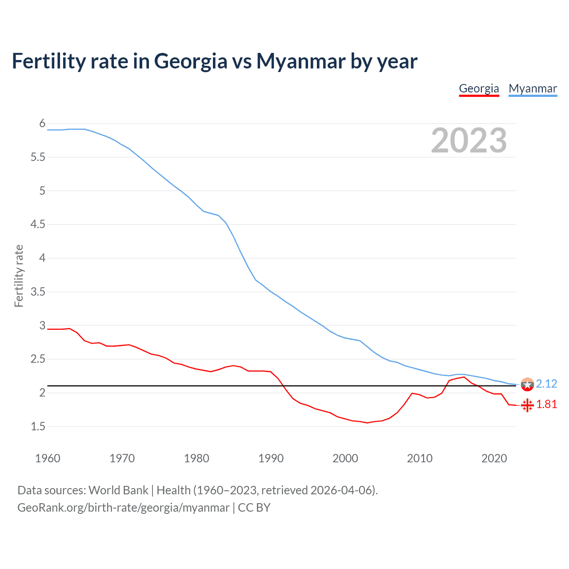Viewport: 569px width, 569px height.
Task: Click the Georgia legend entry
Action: (x=479, y=88)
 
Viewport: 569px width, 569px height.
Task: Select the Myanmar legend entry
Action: (x=533, y=88)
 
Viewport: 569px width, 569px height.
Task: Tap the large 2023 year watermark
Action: (x=469, y=140)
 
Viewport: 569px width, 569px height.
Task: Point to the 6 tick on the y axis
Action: (x=42, y=123)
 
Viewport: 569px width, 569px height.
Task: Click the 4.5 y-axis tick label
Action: (x=38, y=224)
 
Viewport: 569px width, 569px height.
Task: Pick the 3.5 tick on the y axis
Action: (x=38, y=292)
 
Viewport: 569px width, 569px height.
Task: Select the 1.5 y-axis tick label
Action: (x=38, y=426)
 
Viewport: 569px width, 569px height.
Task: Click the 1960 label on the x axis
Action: (x=48, y=458)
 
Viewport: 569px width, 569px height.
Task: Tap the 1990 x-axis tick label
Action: (x=271, y=458)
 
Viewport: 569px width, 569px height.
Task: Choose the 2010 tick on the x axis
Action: (x=419, y=458)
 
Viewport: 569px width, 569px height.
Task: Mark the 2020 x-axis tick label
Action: (x=494, y=458)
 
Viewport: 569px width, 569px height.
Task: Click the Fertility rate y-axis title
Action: (x=19, y=276)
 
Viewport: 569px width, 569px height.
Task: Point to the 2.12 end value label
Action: (x=546, y=384)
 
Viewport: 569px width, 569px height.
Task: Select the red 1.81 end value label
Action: (x=546, y=404)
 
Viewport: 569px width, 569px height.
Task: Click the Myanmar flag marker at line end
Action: (x=527, y=384)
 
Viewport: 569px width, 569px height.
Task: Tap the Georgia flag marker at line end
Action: (x=527, y=405)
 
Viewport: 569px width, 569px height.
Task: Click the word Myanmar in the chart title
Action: (x=301, y=61)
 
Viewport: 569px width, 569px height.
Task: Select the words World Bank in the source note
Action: (x=118, y=490)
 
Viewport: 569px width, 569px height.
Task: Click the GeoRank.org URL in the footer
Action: (x=123, y=507)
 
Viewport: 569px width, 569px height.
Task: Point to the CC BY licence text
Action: (x=254, y=507)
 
